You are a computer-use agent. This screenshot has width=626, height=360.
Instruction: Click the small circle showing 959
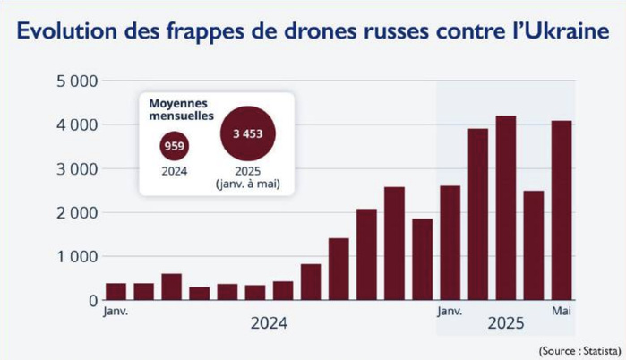(x=175, y=145)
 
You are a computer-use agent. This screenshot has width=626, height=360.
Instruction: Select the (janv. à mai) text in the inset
(x=248, y=184)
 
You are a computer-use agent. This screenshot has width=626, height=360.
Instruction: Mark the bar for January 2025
(x=450, y=243)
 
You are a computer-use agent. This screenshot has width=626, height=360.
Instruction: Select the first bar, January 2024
(x=116, y=291)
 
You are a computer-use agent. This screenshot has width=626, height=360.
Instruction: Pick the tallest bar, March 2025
(x=506, y=208)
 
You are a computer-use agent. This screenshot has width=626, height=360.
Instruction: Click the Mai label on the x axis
(x=562, y=311)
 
